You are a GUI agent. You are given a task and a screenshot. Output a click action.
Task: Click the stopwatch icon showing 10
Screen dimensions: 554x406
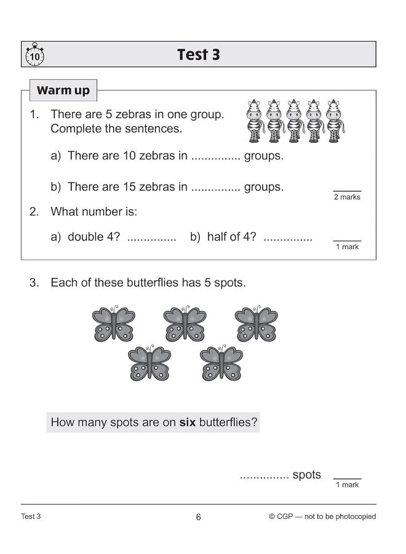click(x=34, y=55)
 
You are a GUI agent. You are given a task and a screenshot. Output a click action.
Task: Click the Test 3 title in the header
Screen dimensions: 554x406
click(x=198, y=55)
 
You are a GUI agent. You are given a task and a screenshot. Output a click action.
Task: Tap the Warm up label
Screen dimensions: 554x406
click(x=63, y=91)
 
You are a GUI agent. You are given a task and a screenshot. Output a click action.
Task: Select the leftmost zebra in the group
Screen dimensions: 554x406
click(x=254, y=120)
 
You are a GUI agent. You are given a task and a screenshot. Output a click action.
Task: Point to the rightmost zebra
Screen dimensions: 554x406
click(x=335, y=120)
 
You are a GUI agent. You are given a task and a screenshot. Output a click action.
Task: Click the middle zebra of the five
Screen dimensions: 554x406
click(x=295, y=120)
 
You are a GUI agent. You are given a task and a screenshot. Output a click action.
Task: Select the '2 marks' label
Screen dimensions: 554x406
click(x=347, y=197)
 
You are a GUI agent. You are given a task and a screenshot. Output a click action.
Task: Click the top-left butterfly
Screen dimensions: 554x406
click(x=113, y=324)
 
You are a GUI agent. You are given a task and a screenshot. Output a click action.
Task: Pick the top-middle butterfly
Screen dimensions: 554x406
click(x=185, y=324)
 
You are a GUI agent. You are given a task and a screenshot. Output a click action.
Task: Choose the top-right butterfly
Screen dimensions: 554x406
click(x=256, y=324)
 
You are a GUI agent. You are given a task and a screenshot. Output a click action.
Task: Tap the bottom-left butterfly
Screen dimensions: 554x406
click(x=149, y=363)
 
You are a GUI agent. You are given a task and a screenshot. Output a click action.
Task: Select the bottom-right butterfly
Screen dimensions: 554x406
click(x=221, y=363)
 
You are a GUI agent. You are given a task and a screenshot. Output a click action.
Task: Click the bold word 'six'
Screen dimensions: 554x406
click(x=187, y=423)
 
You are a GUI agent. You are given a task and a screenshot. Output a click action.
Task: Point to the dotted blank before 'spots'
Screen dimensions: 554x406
click(x=265, y=476)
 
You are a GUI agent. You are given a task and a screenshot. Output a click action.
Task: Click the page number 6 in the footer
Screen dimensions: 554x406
click(x=198, y=517)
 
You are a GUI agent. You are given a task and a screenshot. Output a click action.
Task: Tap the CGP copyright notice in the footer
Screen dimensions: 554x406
click(x=322, y=517)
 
